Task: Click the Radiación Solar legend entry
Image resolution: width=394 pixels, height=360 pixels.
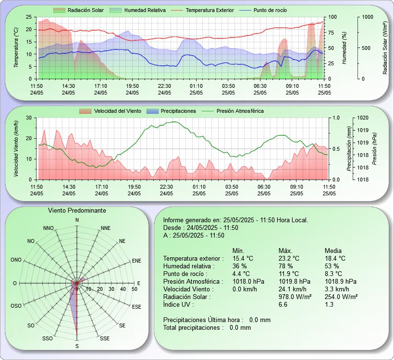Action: click(78, 10)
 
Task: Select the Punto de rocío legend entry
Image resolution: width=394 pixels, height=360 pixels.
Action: click(262, 10)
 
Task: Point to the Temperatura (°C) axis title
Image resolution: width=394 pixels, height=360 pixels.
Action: click(16, 48)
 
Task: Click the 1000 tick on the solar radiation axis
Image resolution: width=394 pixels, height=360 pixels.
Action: click(368, 17)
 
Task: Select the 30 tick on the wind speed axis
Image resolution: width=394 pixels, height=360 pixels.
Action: click(29, 118)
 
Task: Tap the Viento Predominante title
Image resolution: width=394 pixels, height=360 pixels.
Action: click(77, 210)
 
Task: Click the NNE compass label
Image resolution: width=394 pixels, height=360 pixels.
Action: click(106, 228)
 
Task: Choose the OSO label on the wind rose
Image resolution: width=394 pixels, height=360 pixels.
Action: click(16, 306)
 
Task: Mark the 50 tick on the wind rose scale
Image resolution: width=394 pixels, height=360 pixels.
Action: click(135, 289)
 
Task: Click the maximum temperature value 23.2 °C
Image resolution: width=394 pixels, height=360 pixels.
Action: click(289, 258)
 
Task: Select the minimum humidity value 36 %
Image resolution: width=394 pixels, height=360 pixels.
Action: click(240, 266)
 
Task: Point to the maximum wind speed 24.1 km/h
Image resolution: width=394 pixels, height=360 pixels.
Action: click(293, 289)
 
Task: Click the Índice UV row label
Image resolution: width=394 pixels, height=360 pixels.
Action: click(179, 304)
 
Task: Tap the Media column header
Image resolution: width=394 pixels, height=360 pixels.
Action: click(333, 251)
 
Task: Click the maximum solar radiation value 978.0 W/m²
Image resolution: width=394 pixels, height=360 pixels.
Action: click(295, 297)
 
